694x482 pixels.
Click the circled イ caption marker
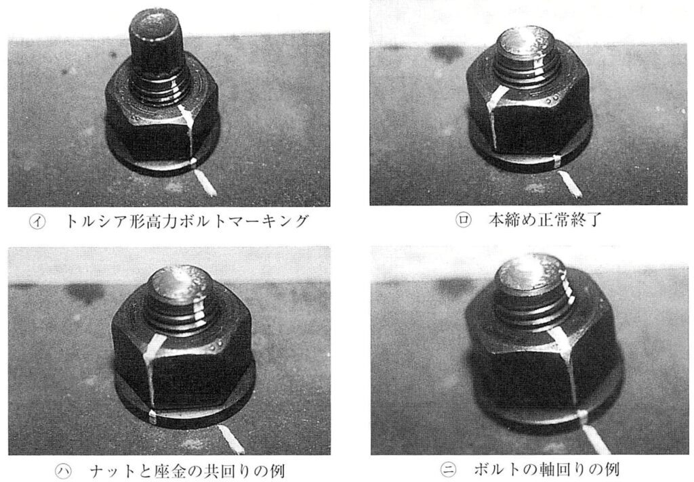(37, 221)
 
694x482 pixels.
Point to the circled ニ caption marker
(449, 470)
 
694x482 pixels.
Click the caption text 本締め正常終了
(545, 219)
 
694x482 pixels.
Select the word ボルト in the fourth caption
(499, 469)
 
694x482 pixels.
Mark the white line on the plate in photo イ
(206, 184)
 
